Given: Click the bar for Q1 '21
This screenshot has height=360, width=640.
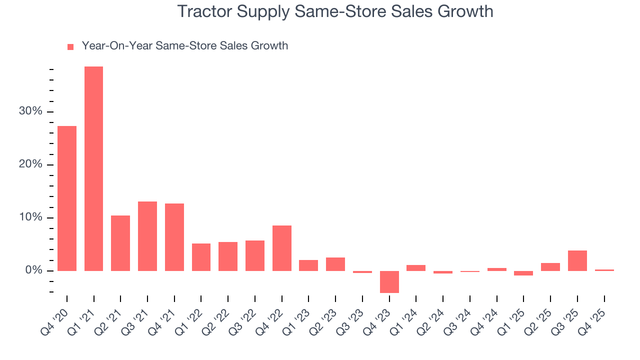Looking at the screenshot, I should point(93,168).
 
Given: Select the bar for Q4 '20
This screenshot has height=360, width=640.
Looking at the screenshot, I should point(67,198).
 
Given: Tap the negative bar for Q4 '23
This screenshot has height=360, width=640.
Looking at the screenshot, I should point(389,282).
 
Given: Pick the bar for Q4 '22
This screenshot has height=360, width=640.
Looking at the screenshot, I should point(282,248).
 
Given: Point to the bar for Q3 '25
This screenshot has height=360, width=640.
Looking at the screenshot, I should point(577,260).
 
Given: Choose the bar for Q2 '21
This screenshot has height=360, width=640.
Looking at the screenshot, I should point(120,243).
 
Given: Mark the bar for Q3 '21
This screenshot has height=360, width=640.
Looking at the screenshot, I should point(147,236).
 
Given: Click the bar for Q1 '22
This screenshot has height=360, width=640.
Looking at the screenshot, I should point(201,257).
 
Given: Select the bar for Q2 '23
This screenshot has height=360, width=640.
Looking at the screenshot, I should point(335,264).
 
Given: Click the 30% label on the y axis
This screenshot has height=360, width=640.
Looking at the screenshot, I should point(30,111).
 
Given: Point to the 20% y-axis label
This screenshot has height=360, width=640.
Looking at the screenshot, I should point(30,165).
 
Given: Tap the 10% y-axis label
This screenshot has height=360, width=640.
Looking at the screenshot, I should point(30,218).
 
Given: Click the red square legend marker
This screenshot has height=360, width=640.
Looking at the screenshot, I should point(70,46).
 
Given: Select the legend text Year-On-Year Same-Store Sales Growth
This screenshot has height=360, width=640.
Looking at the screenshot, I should point(185,46).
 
